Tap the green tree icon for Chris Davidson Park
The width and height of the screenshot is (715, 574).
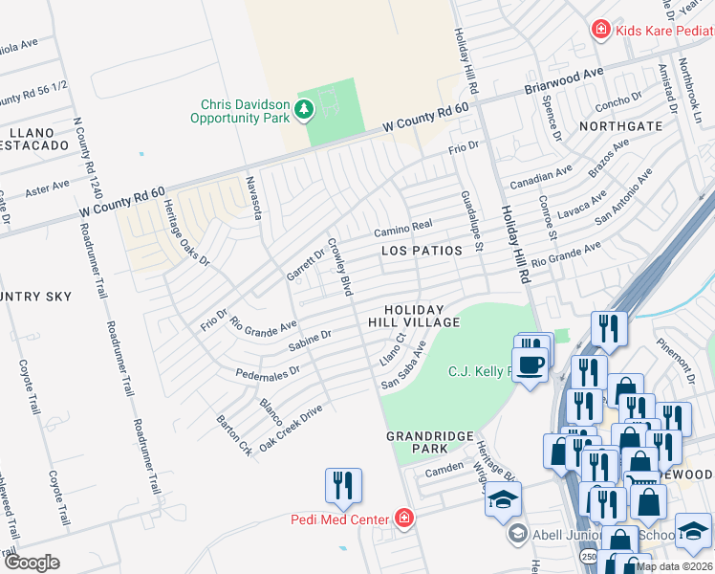point(304,111)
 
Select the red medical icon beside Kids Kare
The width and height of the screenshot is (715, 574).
point(600,30)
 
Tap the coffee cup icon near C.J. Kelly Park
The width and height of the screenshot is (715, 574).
point(533,364)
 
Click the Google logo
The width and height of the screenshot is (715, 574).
point(32,563)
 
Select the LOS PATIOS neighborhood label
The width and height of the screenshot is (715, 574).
point(422,251)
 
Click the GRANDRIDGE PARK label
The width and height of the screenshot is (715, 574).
point(430,442)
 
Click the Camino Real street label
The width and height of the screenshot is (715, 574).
point(402,227)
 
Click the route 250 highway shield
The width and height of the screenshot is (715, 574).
point(584,555)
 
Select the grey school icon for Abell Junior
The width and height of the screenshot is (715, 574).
point(517,533)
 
